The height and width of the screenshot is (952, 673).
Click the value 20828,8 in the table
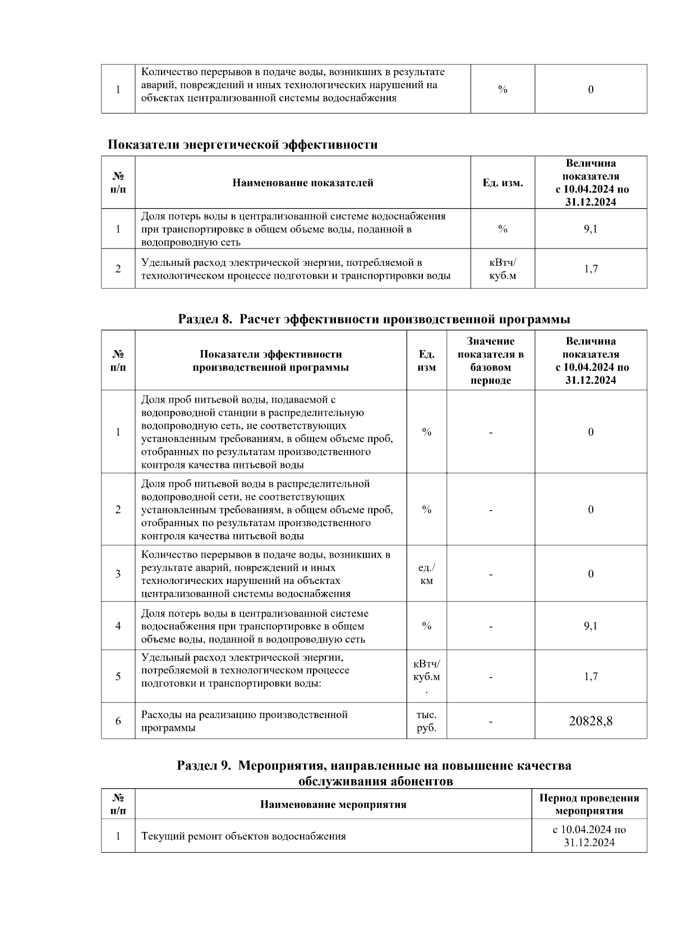tap(591, 721)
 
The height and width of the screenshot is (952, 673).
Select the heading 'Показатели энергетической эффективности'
tap(242, 145)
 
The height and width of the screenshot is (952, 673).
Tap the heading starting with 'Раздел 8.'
tap(374, 319)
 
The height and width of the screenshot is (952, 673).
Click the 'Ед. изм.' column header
tap(503, 183)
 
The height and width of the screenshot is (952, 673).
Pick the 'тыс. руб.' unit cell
tap(426, 721)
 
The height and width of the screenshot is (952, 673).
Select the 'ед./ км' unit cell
tap(426, 574)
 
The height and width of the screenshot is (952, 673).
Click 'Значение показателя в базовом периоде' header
tap(491, 360)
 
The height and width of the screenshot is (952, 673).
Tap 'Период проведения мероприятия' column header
tap(589, 804)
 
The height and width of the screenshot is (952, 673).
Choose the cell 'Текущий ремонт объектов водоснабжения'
tap(243, 836)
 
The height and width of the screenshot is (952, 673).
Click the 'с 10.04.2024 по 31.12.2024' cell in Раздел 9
tap(589, 836)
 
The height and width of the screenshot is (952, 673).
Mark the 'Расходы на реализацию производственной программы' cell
tap(245, 721)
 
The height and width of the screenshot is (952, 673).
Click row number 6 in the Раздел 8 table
tap(118, 721)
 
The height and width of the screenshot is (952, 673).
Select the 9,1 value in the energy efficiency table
tap(591, 229)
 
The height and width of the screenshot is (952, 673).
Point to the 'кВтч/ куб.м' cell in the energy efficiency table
tap(503, 269)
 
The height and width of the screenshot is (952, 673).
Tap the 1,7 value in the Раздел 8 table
tap(591, 677)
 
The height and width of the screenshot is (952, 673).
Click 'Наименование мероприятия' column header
tap(333, 804)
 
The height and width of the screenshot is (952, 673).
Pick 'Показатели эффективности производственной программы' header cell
tap(271, 361)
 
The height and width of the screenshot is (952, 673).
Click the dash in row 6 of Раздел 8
tap(491, 721)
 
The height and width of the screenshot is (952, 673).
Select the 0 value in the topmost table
tap(591, 89)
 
